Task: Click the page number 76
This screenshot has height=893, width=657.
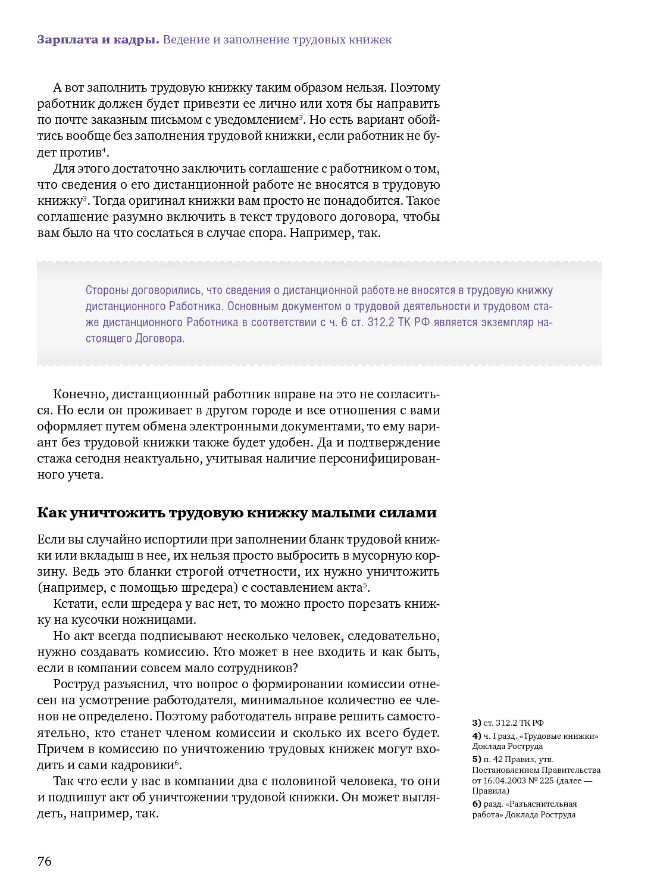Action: [x=45, y=861]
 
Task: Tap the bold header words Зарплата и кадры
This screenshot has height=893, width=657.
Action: [x=98, y=40]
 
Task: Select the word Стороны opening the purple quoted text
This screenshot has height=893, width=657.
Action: [x=107, y=291]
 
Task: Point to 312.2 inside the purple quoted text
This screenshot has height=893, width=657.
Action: [x=381, y=323]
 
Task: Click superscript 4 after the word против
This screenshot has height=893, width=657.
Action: [x=104, y=149]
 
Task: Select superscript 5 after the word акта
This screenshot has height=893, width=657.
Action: [x=366, y=585]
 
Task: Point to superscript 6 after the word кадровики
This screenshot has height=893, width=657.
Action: [x=177, y=763]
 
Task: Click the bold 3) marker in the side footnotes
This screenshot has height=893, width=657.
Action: [x=477, y=723]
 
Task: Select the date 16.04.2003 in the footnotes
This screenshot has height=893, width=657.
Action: [x=505, y=780]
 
